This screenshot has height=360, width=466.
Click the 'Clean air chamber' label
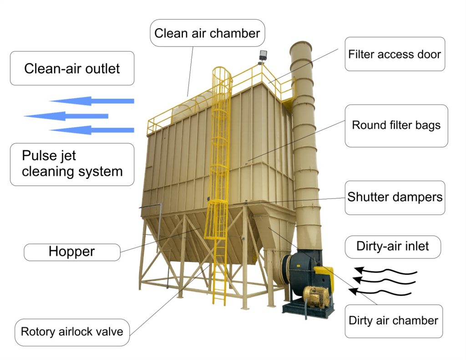coord(207,33)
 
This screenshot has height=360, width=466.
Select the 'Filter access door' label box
coord(395,54)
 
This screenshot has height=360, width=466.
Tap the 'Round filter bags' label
coord(396,125)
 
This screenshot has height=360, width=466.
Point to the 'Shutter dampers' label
coord(395,198)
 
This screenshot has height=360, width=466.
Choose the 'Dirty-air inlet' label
coord(393,246)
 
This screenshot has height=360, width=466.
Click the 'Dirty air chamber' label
coord(393,320)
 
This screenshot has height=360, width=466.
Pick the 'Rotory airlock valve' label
coord(72,331)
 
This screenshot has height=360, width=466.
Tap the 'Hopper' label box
coord(72,252)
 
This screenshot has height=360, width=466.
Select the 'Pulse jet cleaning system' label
coord(72,164)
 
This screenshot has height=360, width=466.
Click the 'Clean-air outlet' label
coord(72,68)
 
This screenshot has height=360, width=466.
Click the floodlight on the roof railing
coord(263,57)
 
